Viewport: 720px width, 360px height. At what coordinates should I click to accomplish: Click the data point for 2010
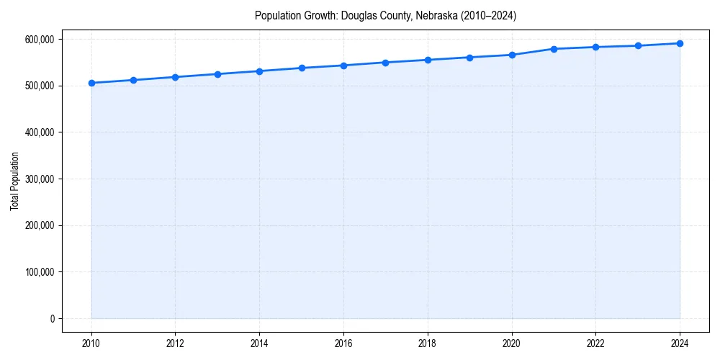click(x=91, y=83)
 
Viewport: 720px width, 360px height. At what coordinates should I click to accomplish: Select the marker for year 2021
click(x=554, y=49)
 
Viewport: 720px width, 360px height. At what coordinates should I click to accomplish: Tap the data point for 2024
click(x=680, y=43)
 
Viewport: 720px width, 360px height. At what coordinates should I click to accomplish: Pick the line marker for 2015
click(x=302, y=68)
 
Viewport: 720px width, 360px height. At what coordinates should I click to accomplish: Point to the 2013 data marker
click(x=217, y=74)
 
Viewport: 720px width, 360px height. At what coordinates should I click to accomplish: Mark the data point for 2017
click(x=385, y=63)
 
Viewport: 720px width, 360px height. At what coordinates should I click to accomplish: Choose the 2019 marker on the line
click(x=469, y=58)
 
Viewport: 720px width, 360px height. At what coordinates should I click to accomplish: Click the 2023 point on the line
click(x=638, y=45)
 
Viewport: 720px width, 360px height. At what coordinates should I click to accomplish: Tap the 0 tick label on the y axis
click(x=52, y=318)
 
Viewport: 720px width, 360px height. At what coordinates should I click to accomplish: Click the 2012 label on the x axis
click(x=175, y=343)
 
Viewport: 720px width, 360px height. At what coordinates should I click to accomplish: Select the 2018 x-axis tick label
click(x=428, y=343)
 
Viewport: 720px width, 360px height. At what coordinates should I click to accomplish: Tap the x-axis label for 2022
click(x=595, y=343)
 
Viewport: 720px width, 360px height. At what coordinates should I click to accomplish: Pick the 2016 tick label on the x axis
click(x=343, y=343)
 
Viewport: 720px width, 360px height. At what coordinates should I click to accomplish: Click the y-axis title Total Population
click(x=14, y=181)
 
